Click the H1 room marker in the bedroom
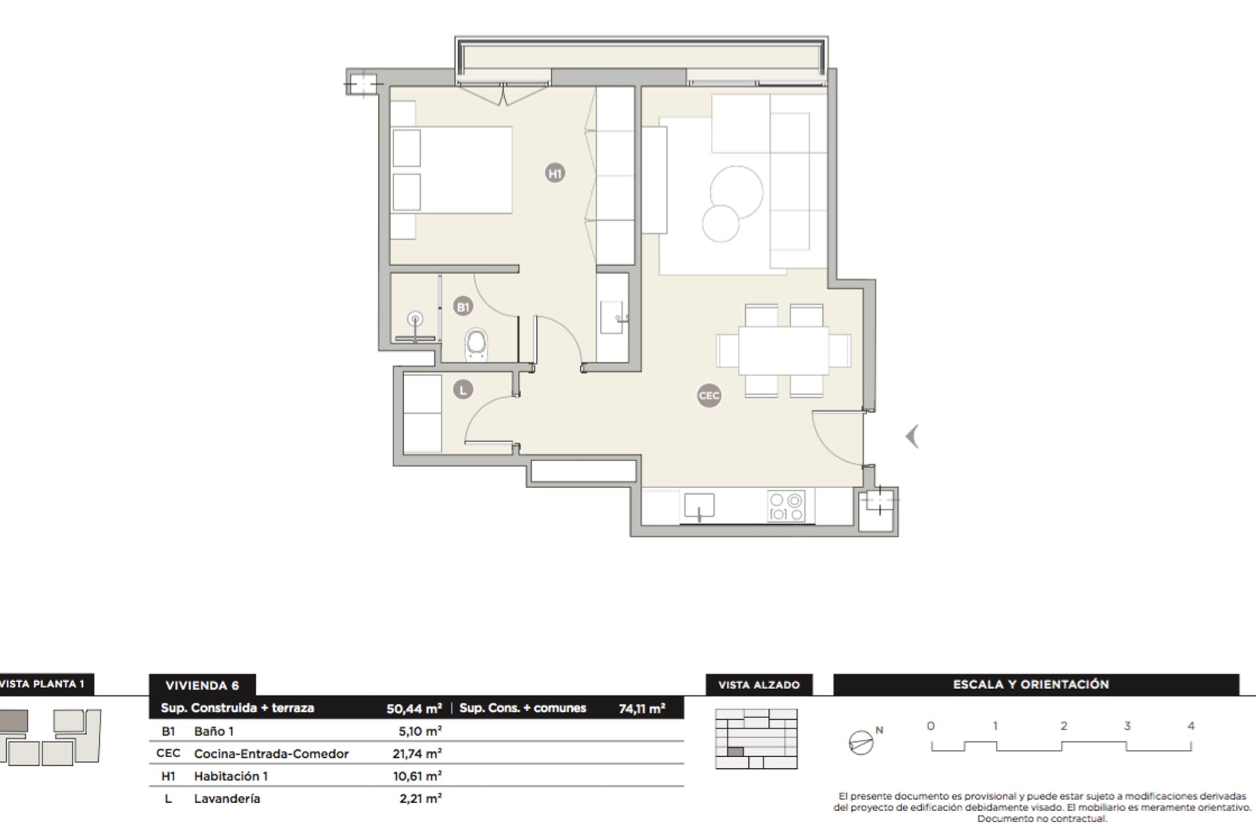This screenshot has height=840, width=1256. tap(555, 174)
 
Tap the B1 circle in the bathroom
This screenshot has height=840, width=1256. tap(463, 307)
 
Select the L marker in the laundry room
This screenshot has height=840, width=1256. tap(463, 389)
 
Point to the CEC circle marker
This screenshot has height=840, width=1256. tap(709, 395)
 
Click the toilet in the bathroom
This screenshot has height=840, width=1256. tap(477, 345)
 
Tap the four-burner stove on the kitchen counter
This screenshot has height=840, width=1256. tap(786, 507)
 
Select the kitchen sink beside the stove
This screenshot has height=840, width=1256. tap(699, 506)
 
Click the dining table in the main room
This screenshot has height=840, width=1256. tap(784, 350)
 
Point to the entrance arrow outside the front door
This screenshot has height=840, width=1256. tap(912, 437)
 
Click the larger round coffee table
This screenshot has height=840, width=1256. tap(737, 193)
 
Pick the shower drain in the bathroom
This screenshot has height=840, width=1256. tap(416, 319)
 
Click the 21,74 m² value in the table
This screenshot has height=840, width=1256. tap(417, 754)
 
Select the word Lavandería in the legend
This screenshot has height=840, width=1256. tap(227, 799)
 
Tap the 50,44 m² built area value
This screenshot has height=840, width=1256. tap(414, 708)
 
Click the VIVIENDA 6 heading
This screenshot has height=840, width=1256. tap(202, 685)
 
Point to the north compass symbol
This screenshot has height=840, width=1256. tap(861, 743)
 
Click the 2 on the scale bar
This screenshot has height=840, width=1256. tap(1063, 726)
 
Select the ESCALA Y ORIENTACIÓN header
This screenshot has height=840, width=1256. tap(1031, 684)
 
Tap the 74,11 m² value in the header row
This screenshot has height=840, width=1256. tap(642, 709)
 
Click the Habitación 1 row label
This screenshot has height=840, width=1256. tap(231, 776)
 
